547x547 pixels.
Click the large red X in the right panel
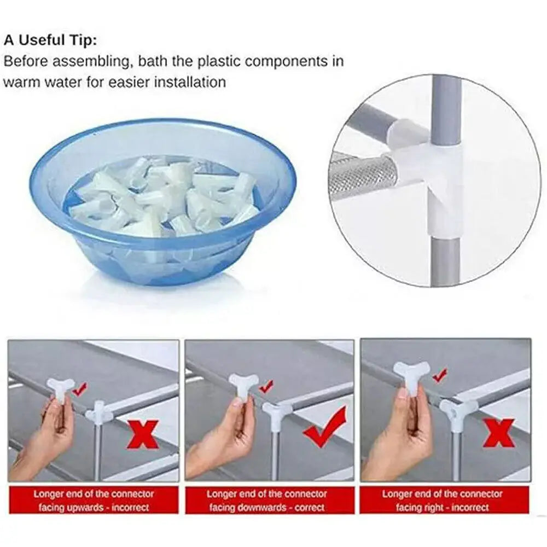(498, 432)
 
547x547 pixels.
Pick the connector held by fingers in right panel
(410, 377)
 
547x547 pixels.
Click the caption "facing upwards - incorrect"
(94, 507)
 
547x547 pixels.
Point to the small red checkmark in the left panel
(80, 389)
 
